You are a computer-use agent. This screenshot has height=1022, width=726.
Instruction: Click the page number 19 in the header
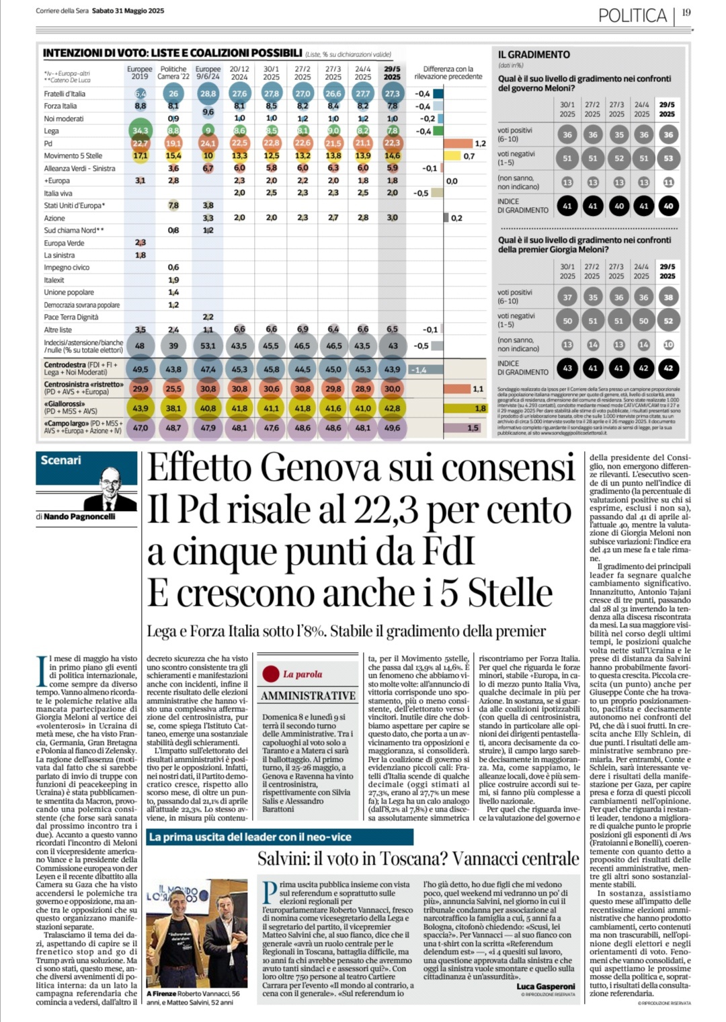click(x=686, y=13)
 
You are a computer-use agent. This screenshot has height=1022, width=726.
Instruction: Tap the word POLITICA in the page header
click(x=632, y=15)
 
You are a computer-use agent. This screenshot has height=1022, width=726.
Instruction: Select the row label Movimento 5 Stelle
click(x=73, y=156)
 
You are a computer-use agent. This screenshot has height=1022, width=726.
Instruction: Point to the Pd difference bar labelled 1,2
click(x=458, y=143)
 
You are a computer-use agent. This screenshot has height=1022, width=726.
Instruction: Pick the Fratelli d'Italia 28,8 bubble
click(x=208, y=93)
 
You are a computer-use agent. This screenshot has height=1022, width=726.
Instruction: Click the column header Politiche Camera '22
click(x=173, y=73)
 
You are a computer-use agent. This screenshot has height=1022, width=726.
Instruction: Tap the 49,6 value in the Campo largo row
click(x=392, y=428)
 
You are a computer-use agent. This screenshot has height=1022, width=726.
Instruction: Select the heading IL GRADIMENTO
click(x=534, y=54)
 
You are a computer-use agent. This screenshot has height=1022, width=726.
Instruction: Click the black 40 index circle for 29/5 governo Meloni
click(x=668, y=206)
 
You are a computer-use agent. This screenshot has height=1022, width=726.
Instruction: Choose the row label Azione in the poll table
click(x=55, y=219)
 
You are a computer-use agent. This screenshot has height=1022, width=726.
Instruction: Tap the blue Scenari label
click(x=61, y=461)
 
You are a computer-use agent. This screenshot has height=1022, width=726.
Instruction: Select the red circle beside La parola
click(x=271, y=674)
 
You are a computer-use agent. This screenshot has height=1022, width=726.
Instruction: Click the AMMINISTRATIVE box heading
click(x=308, y=696)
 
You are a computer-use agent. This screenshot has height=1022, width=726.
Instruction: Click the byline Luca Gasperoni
click(x=546, y=986)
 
